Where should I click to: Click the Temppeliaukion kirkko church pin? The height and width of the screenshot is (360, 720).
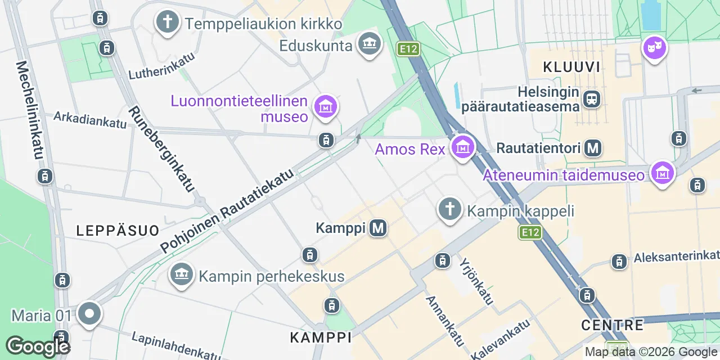pyautogui.click(x=167, y=23)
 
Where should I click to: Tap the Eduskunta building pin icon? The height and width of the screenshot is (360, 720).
pyautogui.click(x=369, y=44)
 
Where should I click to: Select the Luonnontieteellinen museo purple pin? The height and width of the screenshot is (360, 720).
pyautogui.click(x=326, y=106)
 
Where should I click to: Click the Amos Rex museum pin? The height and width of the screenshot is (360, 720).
pyautogui.click(x=462, y=148)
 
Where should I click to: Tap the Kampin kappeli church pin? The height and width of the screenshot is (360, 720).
pyautogui.click(x=449, y=210)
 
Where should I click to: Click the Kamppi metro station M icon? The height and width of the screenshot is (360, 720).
pyautogui.click(x=378, y=228)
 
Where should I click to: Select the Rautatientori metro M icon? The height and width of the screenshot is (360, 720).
pyautogui.click(x=593, y=148)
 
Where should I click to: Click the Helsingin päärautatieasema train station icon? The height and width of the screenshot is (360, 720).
pyautogui.click(x=592, y=100)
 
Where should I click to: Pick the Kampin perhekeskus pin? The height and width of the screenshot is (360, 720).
pyautogui.click(x=181, y=275)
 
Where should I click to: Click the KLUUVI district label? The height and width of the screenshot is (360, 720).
pyautogui.click(x=571, y=67)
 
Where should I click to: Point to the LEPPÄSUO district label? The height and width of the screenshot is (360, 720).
pyautogui.click(x=118, y=229)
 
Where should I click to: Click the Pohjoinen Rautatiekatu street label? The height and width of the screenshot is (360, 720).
pyautogui.click(x=227, y=211)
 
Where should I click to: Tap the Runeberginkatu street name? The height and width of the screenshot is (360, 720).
pyautogui.click(x=160, y=149)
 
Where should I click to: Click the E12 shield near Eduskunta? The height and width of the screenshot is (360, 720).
pyautogui.click(x=408, y=49)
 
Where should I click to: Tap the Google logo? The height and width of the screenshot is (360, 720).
pyautogui.click(x=38, y=346)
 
